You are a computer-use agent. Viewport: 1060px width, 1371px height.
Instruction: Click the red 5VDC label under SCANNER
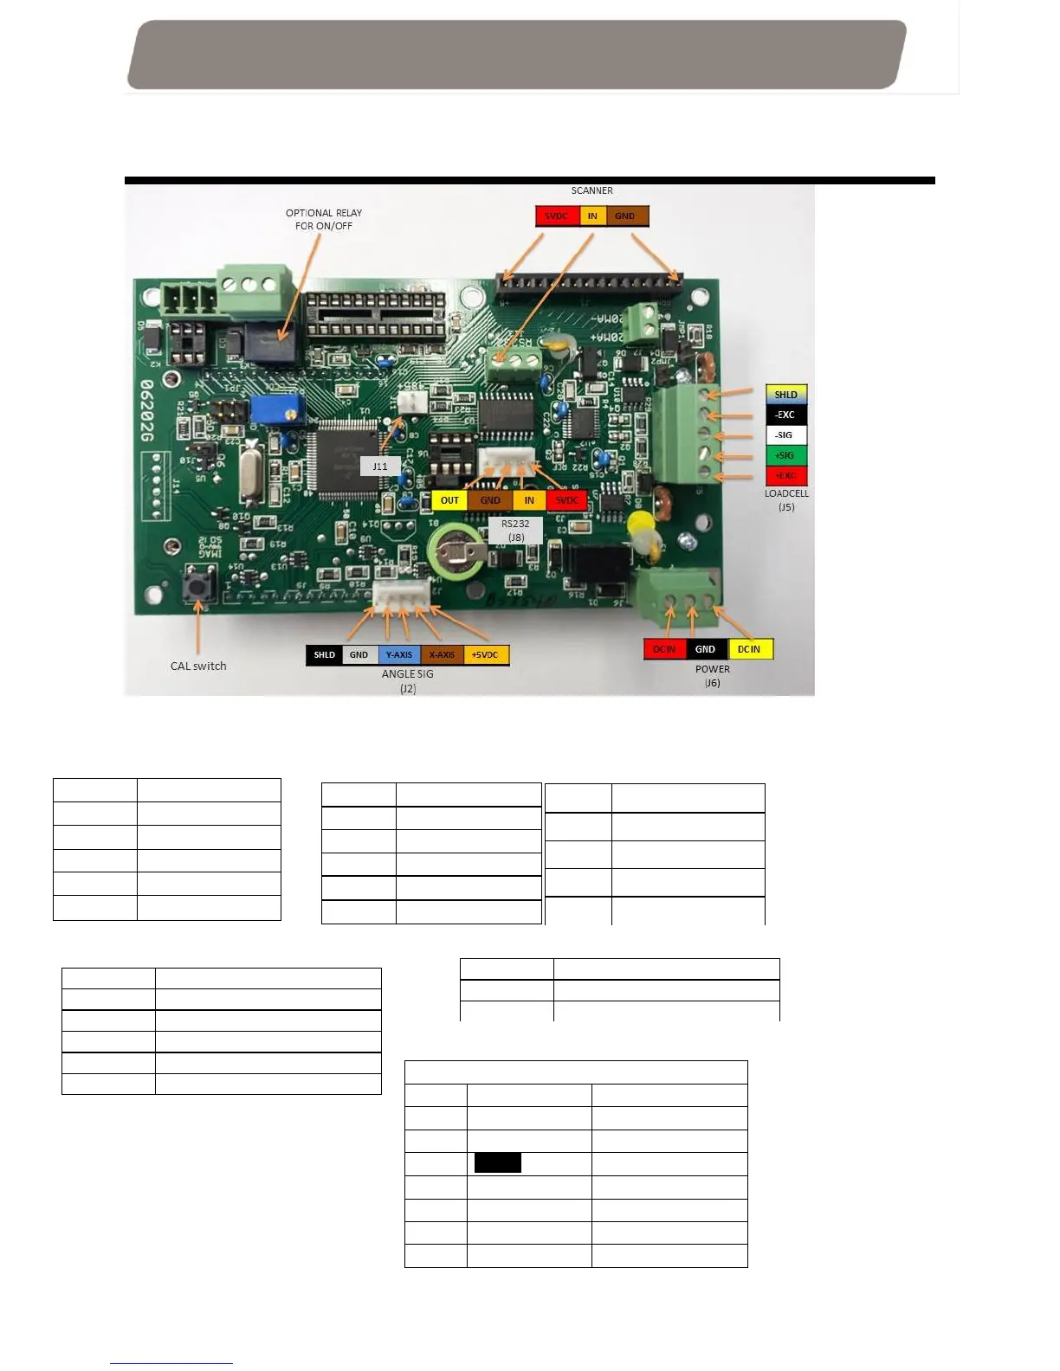coord(557,216)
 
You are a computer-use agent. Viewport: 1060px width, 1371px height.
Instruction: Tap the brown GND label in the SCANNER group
coord(625,216)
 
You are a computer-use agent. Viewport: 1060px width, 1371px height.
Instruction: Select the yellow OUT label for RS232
coord(449,500)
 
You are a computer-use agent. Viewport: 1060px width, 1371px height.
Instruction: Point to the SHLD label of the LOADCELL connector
coord(785,395)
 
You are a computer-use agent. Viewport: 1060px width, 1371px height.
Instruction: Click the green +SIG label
coord(785,455)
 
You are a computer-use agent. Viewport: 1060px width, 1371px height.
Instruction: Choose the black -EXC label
coord(785,415)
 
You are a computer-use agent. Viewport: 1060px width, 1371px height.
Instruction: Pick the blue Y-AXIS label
coord(399,655)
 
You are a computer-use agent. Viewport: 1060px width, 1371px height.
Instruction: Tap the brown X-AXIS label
coord(442,655)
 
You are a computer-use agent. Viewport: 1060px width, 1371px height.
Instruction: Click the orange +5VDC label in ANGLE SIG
coord(486,655)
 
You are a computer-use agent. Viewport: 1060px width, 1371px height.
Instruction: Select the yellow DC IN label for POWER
coord(749,649)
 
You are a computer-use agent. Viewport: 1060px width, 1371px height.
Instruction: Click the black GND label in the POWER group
coord(706,649)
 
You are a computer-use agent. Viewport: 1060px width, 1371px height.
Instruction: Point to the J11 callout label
coord(380,467)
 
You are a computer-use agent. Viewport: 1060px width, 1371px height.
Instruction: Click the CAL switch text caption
coord(198,666)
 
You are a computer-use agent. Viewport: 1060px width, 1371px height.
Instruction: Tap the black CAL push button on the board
coord(199,586)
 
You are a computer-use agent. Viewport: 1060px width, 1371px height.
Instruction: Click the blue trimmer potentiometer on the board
coord(276,409)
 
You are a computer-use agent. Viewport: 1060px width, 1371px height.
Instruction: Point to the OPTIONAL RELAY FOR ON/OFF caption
coord(324,219)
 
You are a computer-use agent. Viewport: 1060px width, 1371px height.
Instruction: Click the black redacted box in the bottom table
coord(498,1162)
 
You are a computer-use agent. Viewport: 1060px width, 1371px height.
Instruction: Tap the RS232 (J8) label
coord(515,531)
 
